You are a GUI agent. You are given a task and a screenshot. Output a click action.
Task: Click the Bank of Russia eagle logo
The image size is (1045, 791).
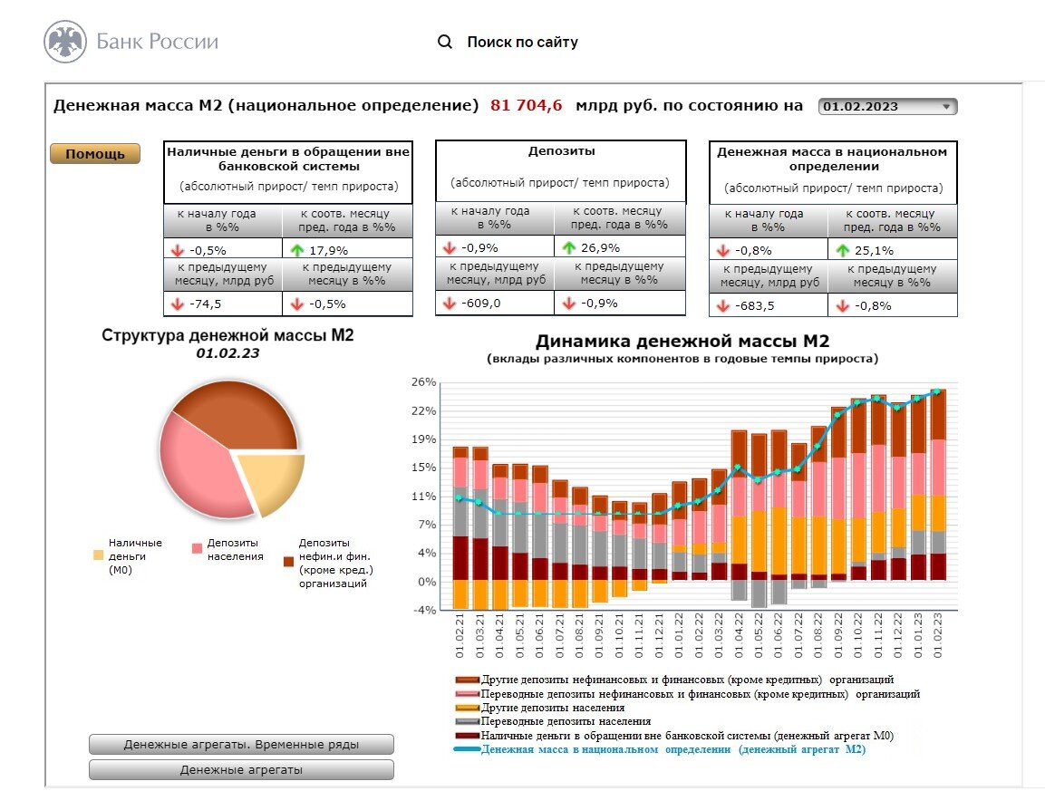pos(65,42)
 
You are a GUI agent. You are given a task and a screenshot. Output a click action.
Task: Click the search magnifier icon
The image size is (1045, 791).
pos(445,42)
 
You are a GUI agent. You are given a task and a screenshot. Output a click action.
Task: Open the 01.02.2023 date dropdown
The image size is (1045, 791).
pos(887,106)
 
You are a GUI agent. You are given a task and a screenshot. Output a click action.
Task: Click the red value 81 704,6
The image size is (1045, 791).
pos(527,105)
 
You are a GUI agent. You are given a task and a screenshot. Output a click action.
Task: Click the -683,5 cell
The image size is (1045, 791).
pos(757,305)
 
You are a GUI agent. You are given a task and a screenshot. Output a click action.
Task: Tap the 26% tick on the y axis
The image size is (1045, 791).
pos(424,382)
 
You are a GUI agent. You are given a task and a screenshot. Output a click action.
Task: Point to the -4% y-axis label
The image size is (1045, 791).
pos(424,610)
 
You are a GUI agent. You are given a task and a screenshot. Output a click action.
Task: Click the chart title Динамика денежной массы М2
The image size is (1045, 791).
pos(682,342)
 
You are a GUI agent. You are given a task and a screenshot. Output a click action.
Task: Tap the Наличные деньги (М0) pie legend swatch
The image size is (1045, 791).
pos(98,554)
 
